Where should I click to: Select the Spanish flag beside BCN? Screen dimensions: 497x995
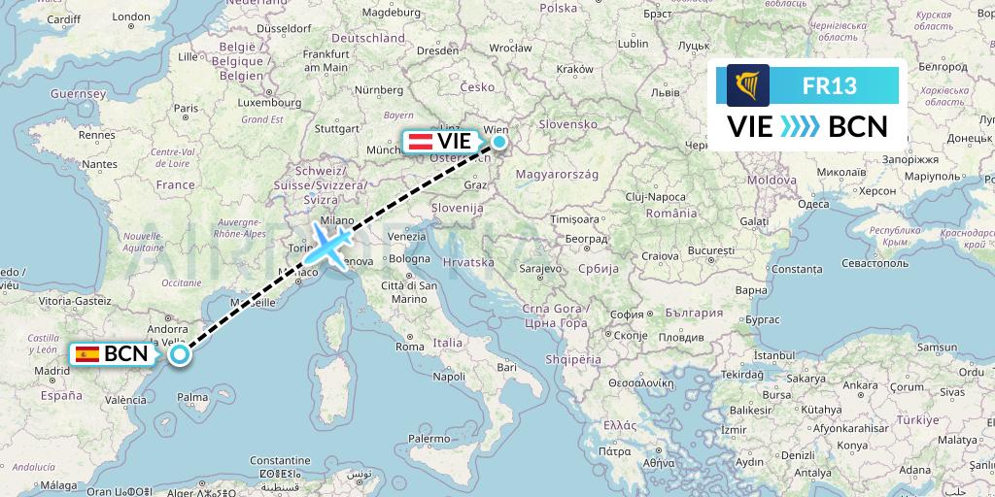(87, 354)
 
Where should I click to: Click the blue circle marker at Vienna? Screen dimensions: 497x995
(498, 142)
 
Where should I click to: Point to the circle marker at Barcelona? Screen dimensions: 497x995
(180, 354)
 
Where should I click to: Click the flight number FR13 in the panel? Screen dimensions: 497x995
(829, 85)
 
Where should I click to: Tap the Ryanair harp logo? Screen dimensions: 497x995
(748, 85)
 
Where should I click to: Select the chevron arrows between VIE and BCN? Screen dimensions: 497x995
(801, 127)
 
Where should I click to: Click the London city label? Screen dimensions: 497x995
(131, 17)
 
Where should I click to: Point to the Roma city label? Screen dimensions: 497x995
(409, 347)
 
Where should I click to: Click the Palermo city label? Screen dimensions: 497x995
(429, 439)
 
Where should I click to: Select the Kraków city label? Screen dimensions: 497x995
(574, 69)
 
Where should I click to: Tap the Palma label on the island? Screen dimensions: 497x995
(193, 397)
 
